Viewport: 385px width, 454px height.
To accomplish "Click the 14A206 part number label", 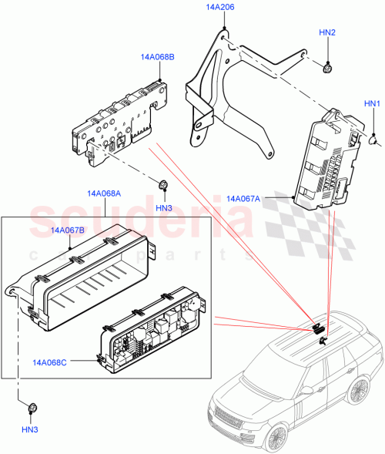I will [220, 7].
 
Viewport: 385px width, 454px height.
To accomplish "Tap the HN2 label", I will [327, 33].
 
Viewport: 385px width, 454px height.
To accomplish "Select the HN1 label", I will [373, 103].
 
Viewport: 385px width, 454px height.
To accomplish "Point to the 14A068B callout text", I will [157, 57].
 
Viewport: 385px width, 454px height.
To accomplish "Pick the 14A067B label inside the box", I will [68, 230].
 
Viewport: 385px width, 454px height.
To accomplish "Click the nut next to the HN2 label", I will [327, 69].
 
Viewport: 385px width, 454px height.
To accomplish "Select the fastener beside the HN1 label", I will [373, 140].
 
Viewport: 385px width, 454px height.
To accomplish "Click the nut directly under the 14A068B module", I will [163, 185].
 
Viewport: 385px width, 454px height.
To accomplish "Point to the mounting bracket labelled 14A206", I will [231, 92].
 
